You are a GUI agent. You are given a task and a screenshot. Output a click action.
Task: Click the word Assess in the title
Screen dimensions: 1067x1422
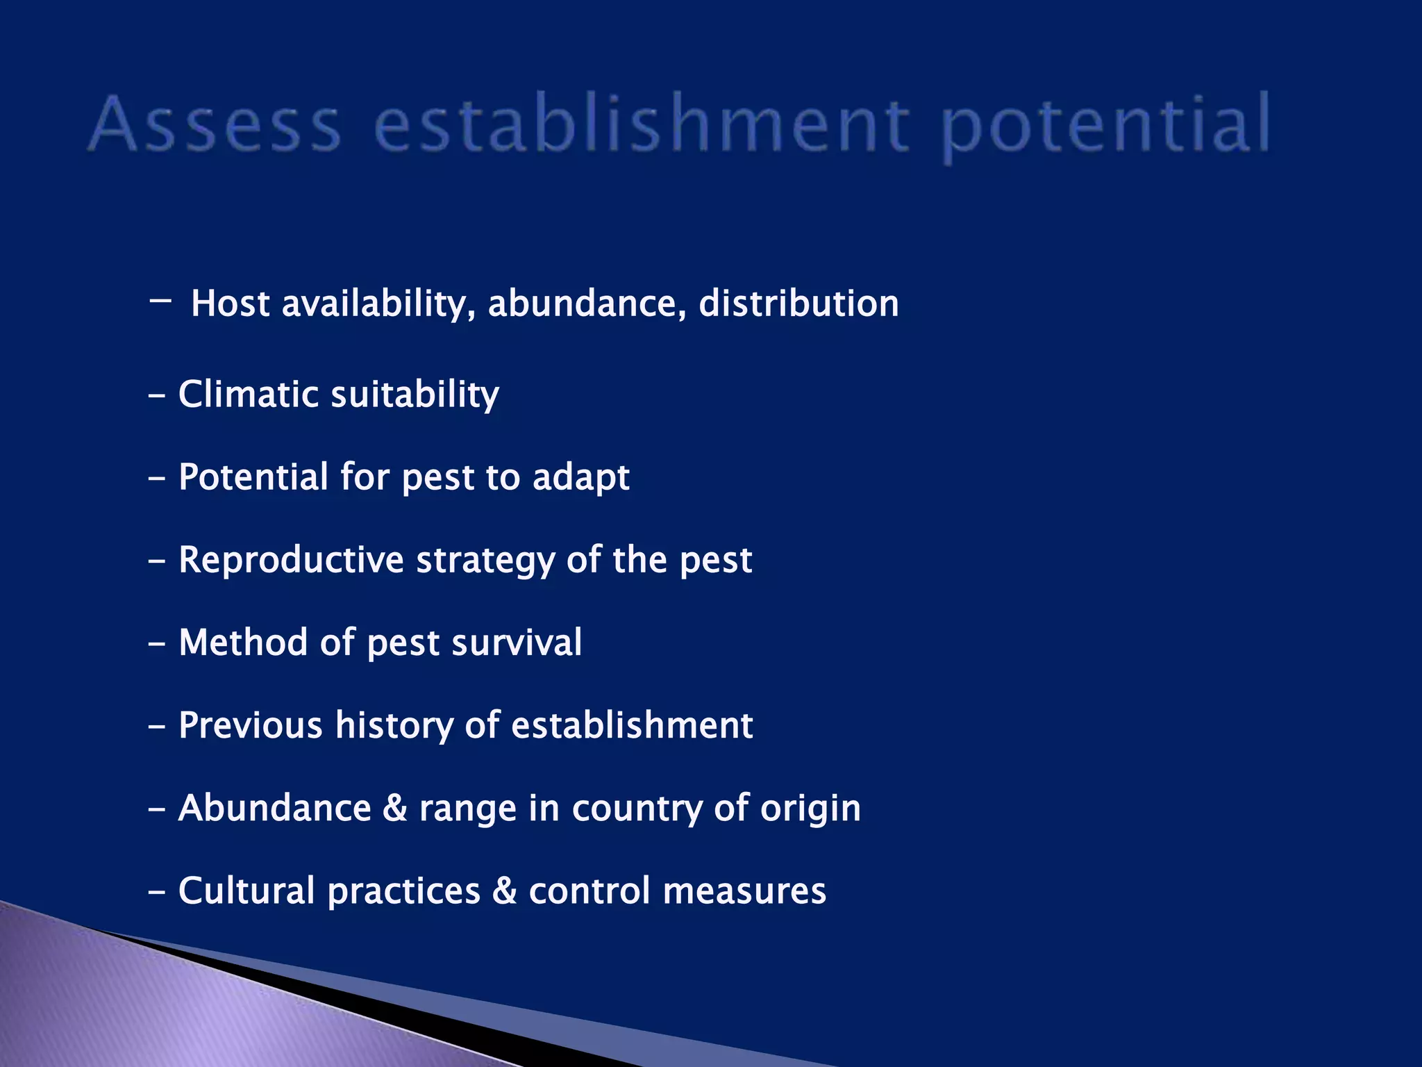(x=215, y=125)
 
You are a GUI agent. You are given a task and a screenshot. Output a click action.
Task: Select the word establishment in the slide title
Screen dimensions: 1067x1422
(x=642, y=125)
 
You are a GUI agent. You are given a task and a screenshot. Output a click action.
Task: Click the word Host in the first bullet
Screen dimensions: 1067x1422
(x=230, y=304)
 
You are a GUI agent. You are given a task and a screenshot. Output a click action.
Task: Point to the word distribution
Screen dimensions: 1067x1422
(x=798, y=304)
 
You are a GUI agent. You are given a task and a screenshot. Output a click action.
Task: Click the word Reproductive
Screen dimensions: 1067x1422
(x=291, y=560)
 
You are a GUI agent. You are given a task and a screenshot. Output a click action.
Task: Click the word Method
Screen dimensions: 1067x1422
(x=243, y=643)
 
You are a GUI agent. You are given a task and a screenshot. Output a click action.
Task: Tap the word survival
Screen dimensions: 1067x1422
(x=517, y=643)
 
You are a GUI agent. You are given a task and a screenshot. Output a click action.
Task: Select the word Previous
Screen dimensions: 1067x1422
(x=251, y=725)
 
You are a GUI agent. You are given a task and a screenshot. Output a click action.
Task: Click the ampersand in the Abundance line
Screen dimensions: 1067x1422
(x=395, y=809)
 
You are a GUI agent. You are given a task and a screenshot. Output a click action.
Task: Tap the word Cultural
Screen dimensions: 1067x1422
(x=246, y=891)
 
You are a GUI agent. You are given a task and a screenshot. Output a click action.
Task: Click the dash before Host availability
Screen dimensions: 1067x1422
(x=160, y=301)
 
